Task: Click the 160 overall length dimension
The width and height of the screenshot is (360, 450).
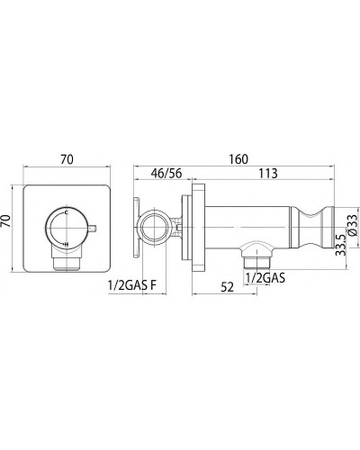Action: pyautogui.click(x=238, y=159)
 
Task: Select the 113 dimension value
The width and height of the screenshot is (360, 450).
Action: pyautogui.click(x=267, y=174)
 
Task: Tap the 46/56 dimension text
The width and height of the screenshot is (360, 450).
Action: pyautogui.click(x=166, y=174)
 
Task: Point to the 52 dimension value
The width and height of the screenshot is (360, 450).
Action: pyautogui.click(x=227, y=287)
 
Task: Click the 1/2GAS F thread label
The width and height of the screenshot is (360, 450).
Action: pyautogui.click(x=132, y=286)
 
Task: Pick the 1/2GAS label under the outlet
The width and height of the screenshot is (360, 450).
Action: pyautogui.click(x=265, y=278)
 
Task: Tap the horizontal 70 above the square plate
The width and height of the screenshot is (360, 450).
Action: pyautogui.click(x=67, y=159)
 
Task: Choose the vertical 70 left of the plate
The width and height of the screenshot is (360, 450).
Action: pyautogui.click(x=6, y=220)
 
